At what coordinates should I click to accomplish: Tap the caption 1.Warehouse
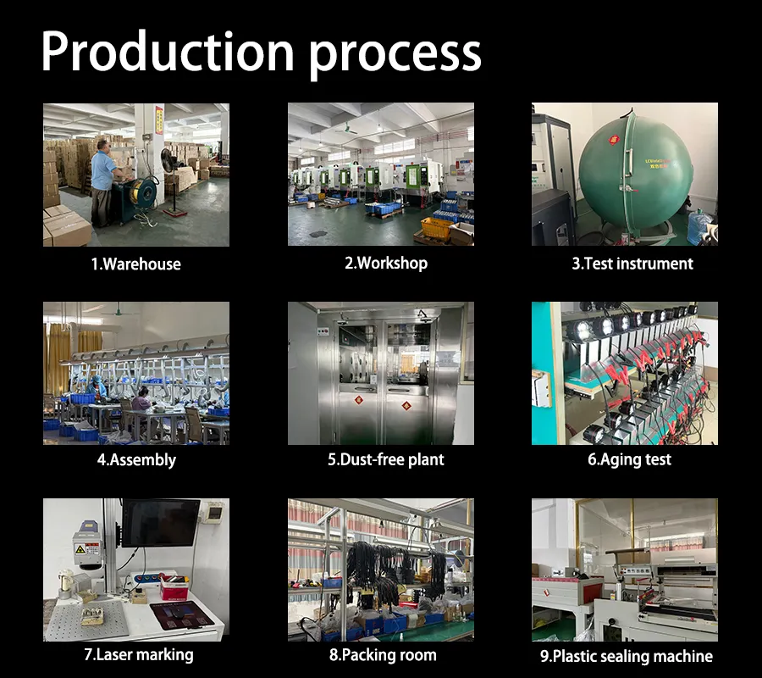135,264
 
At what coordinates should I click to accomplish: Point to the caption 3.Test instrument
632,264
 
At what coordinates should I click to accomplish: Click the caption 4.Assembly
135,459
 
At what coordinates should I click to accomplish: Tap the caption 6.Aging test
629,459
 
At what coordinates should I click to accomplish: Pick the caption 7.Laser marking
138,654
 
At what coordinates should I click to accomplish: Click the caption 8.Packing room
383,655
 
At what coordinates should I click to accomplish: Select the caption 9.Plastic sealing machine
626,656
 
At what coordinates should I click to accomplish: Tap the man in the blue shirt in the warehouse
103,182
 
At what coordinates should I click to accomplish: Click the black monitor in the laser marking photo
160,522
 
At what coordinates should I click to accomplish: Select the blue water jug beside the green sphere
700,227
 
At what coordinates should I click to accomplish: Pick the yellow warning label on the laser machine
82,548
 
